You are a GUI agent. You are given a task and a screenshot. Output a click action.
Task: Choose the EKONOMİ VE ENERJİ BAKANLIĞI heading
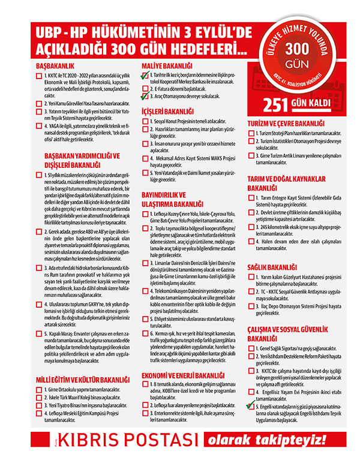[179, 375]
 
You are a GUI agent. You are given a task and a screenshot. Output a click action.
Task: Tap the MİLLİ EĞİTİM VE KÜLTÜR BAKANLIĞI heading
[80, 380]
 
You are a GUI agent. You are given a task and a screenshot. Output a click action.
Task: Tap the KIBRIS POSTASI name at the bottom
[127, 453]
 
